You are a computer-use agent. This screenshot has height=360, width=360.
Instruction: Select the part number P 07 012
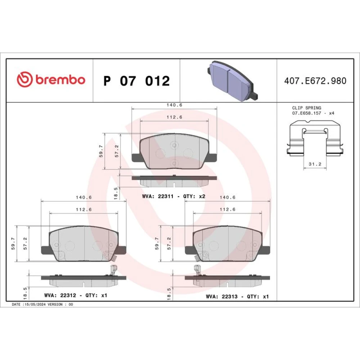coord(136,81)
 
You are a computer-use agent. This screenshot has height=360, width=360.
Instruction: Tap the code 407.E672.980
coord(315,81)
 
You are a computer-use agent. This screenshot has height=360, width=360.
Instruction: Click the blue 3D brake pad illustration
coord(232,80)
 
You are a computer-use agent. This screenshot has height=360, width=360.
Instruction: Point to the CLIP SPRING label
coord(306,108)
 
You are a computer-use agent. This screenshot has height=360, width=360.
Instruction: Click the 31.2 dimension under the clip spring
coord(315,164)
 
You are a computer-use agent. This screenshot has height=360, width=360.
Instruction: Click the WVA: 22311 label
coord(158,196)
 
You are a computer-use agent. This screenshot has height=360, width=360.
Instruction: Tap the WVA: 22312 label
coord(60,295)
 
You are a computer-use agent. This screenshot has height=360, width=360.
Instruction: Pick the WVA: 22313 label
coord(221,296)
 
